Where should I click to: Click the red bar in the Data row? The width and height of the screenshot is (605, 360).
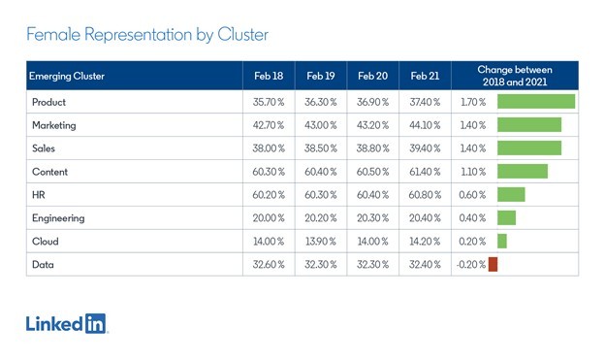[493, 264]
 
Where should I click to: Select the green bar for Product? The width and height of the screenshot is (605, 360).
[536, 102]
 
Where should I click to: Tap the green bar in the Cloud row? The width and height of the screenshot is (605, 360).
[502, 241]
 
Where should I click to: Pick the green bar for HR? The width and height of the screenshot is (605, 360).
[511, 195]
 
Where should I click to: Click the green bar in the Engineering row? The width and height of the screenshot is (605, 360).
[507, 218]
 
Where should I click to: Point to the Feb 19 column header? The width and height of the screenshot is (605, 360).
[321, 76]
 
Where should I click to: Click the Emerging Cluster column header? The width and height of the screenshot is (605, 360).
[67, 76]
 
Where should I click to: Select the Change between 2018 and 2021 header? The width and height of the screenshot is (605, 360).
[515, 76]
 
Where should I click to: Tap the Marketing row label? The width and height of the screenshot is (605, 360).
[54, 125]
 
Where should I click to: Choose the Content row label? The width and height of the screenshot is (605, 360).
[49, 172]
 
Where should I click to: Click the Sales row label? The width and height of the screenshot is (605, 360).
[44, 148]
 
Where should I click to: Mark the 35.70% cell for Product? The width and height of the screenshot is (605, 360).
[269, 102]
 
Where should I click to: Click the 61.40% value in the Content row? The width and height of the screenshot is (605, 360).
[425, 172]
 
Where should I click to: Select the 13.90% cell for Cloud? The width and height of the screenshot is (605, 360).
[321, 242]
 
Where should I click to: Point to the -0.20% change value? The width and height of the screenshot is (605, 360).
[471, 265]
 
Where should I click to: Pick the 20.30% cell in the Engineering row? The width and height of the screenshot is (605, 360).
[372, 218]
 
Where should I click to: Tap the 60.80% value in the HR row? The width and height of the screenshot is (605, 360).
[425, 195]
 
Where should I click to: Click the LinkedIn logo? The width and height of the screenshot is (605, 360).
[66, 324]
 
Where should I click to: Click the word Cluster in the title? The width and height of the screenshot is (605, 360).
[242, 34]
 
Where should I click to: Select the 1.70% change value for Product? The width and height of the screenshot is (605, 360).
[473, 102]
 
